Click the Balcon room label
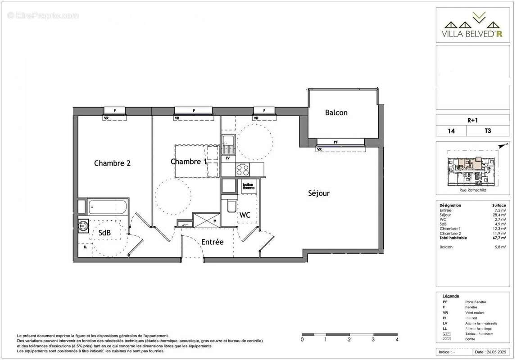pos(336,113)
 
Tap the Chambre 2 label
pos(112,163)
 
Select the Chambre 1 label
pos(188,162)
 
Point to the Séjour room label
pos(319,193)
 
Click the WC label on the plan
pos(245,216)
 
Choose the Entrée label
pos(212,242)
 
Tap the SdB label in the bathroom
pos(104,232)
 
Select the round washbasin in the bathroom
pos(84,225)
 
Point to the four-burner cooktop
pos(243,170)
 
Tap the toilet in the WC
pos(231,205)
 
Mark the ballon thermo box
pos(249,187)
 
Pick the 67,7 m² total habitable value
pos(498,238)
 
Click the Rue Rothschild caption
pos(472,189)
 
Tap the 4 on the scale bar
pos(396,339)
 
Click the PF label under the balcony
pos(336,142)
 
